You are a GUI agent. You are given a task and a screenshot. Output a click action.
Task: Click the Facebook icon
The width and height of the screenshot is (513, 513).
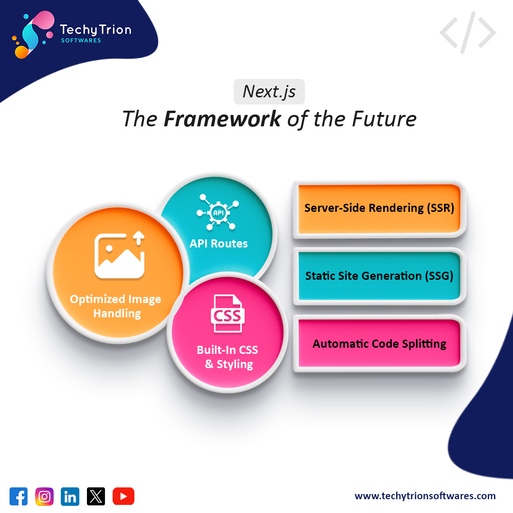[x=19, y=496]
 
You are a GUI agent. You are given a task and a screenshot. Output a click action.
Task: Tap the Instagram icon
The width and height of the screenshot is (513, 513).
[x=45, y=496]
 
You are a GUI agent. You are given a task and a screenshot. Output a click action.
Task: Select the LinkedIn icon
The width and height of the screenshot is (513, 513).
[x=70, y=496]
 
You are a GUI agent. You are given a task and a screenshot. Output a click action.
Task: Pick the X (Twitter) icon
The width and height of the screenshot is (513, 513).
[x=96, y=496]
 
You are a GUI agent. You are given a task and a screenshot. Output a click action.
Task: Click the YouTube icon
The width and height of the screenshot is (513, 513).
[x=123, y=496]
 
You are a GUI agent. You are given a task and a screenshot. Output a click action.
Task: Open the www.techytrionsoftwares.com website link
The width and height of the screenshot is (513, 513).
[x=425, y=496]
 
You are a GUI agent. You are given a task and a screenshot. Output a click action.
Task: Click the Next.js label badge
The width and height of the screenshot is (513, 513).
[x=269, y=91]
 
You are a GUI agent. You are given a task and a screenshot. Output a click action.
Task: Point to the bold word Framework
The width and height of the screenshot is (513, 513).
[x=222, y=119]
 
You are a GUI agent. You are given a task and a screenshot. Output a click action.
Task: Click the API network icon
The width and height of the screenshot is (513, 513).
[x=218, y=212]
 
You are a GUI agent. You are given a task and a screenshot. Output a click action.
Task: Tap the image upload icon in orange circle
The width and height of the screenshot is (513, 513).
[x=119, y=255]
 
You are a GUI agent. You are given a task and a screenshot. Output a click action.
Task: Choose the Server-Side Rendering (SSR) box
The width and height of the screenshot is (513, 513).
[x=380, y=209]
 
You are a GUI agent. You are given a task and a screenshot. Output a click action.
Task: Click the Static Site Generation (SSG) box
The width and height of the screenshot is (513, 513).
[x=380, y=276]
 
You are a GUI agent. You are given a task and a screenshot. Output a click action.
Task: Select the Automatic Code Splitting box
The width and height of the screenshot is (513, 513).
[x=380, y=343]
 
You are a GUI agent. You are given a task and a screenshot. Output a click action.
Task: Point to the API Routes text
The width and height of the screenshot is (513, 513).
[x=218, y=244]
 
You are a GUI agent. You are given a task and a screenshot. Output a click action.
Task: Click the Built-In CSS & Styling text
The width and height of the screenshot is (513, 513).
[x=228, y=357]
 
